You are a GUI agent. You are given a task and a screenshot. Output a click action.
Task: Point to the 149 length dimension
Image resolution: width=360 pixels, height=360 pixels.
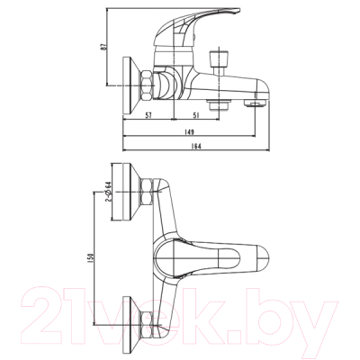coord(190,130)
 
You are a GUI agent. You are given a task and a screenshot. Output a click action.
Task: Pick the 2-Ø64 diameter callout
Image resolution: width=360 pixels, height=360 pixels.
coord(107,192)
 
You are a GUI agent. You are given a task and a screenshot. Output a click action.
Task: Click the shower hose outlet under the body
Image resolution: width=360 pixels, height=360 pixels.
coord(216,104)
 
